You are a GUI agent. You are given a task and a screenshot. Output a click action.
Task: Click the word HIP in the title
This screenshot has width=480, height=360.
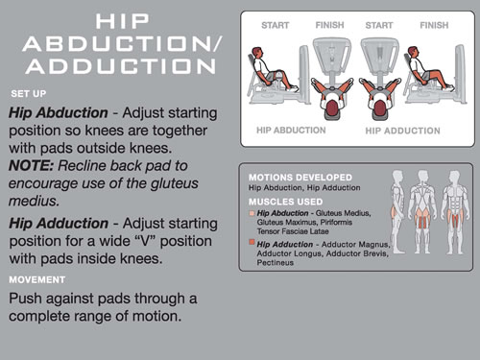coord(122,21)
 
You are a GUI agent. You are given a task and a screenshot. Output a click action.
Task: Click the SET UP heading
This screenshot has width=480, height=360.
coord(29,94)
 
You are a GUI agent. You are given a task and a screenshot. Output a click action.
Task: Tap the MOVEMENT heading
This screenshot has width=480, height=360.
coord(37,279)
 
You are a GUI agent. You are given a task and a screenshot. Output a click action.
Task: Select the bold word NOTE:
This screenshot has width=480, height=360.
coord(31,166)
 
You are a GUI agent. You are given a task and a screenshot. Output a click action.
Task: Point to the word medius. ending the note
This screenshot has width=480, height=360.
coord(34,202)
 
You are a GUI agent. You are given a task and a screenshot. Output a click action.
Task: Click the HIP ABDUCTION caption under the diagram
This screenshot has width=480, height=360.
coord(291,131)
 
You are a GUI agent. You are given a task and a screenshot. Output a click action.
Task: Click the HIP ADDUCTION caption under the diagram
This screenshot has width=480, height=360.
coord(402,131)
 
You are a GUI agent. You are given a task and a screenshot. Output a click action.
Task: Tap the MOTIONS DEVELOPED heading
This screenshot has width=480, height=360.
coord(300,178)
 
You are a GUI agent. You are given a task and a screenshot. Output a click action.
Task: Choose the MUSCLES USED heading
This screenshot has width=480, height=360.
coord(286,202)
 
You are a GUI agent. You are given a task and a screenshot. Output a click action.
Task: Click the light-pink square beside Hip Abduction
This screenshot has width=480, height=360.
coord(252,213)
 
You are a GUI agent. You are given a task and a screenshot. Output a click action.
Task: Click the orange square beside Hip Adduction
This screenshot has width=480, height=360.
coord(252,242)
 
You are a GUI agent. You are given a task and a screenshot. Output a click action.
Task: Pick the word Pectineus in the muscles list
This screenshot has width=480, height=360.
coord(275,263)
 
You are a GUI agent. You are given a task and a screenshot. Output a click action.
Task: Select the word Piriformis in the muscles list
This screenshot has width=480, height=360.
coord(336,222)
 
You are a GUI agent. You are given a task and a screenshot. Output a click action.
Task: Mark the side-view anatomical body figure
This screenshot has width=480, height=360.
coord(397,212)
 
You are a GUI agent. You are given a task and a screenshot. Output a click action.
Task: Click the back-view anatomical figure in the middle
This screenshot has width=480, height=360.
coord(422,212)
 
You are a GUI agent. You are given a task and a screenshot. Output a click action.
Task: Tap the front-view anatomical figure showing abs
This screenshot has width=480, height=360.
coord(455,212)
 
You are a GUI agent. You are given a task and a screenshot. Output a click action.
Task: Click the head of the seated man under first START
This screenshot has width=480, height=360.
coord(257,53)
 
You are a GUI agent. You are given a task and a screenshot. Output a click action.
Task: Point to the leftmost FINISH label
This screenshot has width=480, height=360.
coord(329,25)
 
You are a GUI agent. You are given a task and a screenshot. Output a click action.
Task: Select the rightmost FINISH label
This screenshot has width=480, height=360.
coord(434,25)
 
